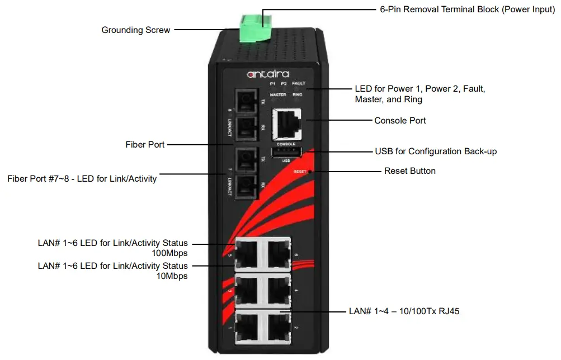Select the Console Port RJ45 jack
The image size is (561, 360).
coord(286,124)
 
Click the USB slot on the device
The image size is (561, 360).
coord(286,152)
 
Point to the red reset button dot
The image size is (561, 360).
coord(309,171)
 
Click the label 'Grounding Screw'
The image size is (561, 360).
coord(136,30)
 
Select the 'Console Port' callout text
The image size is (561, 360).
coord(400,120)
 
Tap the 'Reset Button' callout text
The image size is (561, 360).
coord(410,170)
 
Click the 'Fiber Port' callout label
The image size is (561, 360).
coord(145,144)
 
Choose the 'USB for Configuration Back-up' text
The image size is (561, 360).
coord(436,151)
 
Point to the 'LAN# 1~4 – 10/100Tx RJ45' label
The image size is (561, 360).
coord(404,311)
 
